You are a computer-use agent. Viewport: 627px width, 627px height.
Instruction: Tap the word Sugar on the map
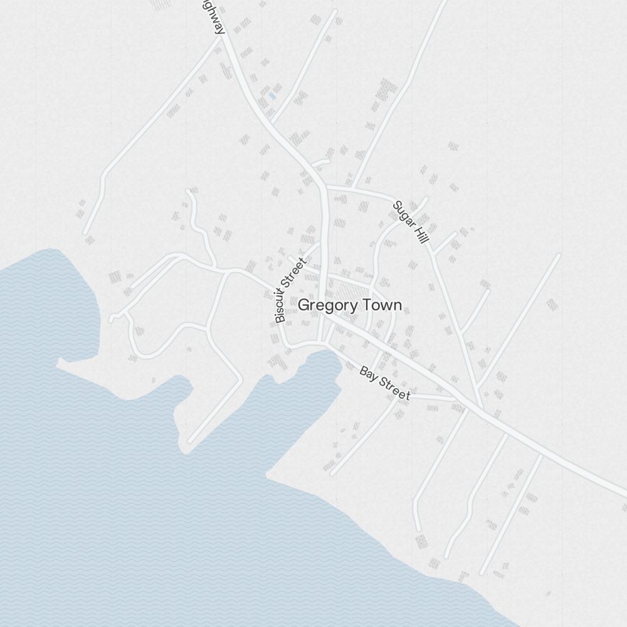click(x=403, y=213)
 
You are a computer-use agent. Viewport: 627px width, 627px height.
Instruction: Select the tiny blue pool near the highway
click(x=271, y=97)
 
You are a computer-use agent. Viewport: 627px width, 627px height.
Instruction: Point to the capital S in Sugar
click(x=396, y=205)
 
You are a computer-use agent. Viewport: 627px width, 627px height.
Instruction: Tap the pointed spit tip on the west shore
click(x=58, y=362)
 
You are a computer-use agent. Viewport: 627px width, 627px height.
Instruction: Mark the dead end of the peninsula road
click(x=191, y=441)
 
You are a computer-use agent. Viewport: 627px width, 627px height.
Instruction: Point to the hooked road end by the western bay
click(x=112, y=320)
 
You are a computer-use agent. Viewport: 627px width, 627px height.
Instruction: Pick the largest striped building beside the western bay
click(x=115, y=277)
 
